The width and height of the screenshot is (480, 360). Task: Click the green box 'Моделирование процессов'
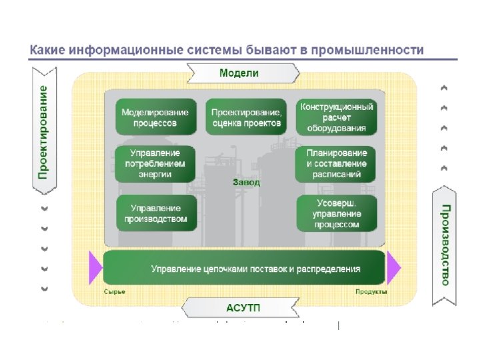(x=155, y=118)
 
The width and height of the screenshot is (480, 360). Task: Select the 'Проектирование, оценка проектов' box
(x=247, y=118)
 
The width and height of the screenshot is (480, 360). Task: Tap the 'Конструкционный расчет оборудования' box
(x=337, y=118)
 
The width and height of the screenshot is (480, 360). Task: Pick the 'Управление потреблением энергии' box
(x=155, y=164)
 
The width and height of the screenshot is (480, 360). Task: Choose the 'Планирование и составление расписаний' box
(x=337, y=164)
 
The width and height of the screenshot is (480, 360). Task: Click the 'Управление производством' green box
(x=157, y=213)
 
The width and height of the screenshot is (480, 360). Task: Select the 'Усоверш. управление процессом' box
(x=337, y=213)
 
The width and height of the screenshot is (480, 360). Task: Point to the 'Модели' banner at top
(x=239, y=73)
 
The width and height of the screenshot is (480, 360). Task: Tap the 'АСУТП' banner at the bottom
(x=239, y=307)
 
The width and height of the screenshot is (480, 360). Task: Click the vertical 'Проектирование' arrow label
(x=43, y=131)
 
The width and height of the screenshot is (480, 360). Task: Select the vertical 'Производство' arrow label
(x=445, y=245)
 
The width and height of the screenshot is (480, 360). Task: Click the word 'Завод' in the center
(x=246, y=181)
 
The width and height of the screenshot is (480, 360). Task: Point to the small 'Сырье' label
(x=115, y=293)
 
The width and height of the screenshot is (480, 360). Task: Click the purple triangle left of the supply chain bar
(x=95, y=268)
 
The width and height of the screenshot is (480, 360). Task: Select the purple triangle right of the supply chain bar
(x=394, y=268)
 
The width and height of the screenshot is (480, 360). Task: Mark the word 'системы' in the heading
(x=210, y=50)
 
